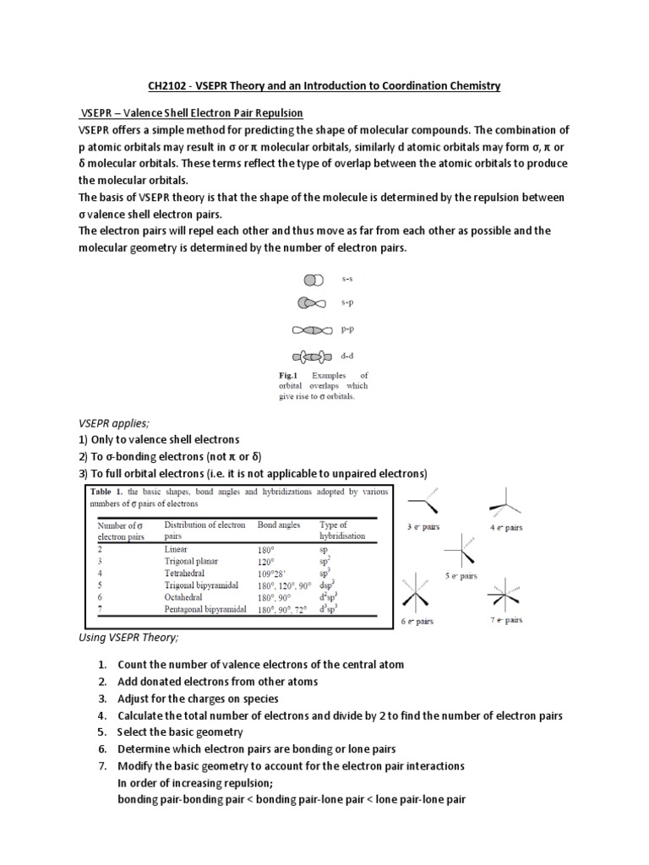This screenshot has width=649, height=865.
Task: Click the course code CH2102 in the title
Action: click(168, 85)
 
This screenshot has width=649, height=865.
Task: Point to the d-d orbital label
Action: click(346, 356)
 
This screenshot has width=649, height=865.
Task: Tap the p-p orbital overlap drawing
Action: click(312, 330)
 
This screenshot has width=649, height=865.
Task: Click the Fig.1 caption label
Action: click(289, 375)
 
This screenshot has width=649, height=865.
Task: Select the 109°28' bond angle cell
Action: click(274, 572)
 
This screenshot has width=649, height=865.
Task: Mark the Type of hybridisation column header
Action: click(342, 530)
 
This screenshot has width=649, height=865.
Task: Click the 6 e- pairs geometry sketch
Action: click(417, 595)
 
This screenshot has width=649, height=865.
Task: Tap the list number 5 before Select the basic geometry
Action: click(102, 732)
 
